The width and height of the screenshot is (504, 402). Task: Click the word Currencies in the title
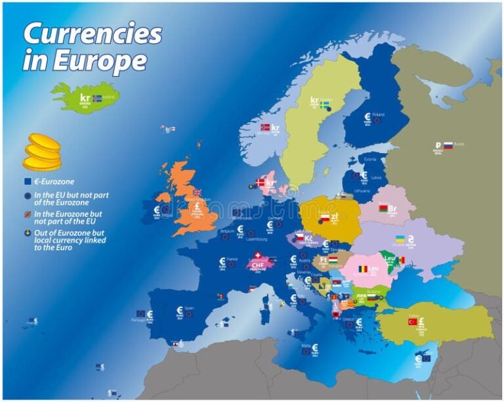point(92,33)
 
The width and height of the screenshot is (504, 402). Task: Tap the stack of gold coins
point(43,152)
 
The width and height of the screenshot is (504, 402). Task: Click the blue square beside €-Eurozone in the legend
point(28,181)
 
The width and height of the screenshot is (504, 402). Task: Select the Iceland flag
point(97,99)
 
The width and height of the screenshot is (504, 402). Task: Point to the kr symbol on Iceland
point(84,97)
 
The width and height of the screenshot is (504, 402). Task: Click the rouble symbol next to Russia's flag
point(438,146)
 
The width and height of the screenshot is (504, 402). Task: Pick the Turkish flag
point(413,322)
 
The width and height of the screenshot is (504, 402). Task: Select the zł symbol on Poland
point(334,216)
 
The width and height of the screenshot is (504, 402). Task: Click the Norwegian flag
point(265,127)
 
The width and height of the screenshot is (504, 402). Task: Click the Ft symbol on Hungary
point(324,259)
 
